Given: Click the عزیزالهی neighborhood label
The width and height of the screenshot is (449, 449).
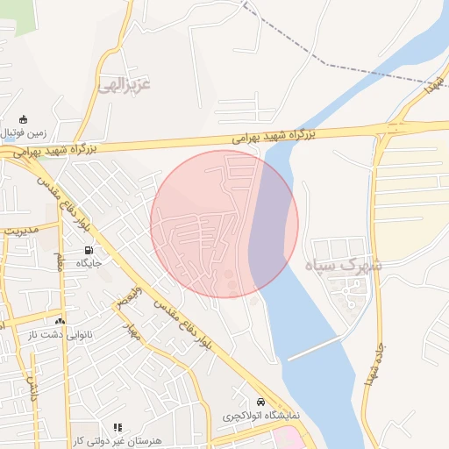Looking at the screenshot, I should pyautogui.click(x=125, y=85).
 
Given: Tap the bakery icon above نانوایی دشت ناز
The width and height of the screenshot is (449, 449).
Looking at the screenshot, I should pyautogui.click(x=60, y=321).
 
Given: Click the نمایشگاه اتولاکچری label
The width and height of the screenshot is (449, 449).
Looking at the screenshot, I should pyautogui.click(x=260, y=414).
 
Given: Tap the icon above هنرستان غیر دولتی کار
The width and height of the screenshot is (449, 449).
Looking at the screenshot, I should pyautogui.click(x=118, y=427).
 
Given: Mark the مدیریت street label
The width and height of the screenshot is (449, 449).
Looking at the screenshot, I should pyautogui.click(x=21, y=232).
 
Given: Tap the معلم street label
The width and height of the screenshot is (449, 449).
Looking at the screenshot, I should pyautogui.click(x=61, y=260).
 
